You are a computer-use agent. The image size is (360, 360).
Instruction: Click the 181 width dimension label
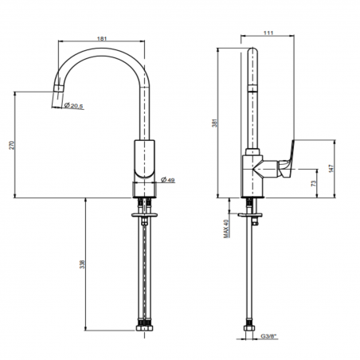point(102,38)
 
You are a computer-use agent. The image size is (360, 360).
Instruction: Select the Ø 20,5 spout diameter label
point(73,106)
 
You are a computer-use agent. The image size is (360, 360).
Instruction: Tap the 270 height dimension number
point(11,145)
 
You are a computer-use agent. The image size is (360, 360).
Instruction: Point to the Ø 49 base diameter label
point(168,180)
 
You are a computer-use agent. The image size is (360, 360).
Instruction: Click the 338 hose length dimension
point(83,264)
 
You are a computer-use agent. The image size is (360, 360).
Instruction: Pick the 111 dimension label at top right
point(268,33)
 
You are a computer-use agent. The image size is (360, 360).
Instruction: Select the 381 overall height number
point(214,123)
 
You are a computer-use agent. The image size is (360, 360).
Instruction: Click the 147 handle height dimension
point(331,169)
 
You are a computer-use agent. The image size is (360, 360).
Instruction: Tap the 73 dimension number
point(314,183)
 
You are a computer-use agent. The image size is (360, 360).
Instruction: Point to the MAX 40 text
point(226,229)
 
